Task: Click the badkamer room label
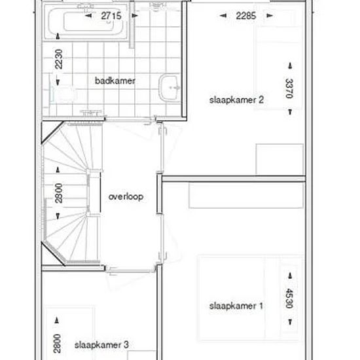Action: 115,81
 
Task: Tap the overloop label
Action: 126,197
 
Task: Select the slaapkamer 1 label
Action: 236,306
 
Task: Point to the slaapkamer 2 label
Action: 236,100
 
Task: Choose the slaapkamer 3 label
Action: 101,345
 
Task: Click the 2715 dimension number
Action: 111,16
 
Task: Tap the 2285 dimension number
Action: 246,16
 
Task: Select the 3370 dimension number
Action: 290,88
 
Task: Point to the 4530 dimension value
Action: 290,298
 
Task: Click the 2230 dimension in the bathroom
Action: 58,59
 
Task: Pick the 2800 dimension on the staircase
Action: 58,193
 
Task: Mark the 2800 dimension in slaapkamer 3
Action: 57,344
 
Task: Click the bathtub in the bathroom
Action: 86,22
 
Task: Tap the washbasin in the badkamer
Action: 170,88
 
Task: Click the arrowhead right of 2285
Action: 270,16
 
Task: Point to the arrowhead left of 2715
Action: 88,16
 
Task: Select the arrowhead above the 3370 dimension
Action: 290,65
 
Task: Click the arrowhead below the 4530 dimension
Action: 290,322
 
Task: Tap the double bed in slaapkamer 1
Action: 249,298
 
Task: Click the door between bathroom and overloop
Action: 130,119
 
